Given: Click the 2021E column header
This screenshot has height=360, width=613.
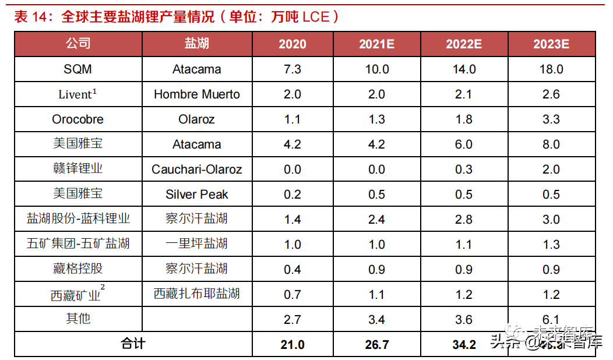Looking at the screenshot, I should [x=377, y=44].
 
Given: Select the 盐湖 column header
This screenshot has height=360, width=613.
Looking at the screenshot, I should [x=197, y=44].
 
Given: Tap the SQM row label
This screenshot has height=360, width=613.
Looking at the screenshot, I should [x=78, y=69].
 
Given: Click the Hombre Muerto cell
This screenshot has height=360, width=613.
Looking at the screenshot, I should [x=197, y=94].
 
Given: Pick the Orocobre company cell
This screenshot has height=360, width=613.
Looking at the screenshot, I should [x=78, y=119].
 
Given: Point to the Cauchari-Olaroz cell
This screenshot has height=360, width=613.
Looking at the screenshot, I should [x=197, y=170].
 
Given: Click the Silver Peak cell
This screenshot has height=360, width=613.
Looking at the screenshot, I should [x=197, y=195].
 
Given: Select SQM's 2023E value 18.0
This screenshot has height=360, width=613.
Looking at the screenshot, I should [x=551, y=69].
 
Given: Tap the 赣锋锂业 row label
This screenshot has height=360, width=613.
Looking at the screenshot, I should [x=78, y=169].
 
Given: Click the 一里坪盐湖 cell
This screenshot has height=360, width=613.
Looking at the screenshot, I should [x=197, y=243].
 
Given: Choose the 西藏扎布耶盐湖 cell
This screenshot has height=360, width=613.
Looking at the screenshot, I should [x=197, y=294].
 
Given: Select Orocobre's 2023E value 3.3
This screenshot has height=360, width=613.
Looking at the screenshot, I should [x=551, y=119].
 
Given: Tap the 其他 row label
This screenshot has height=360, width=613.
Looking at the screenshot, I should [x=78, y=319].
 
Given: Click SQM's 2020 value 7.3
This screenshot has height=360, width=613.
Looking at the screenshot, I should [x=292, y=69].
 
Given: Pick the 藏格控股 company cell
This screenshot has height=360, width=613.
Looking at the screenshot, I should [x=78, y=269].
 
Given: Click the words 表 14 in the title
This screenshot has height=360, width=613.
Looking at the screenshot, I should [x=30, y=17].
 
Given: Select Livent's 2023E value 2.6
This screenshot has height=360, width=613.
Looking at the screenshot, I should [x=551, y=94].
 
